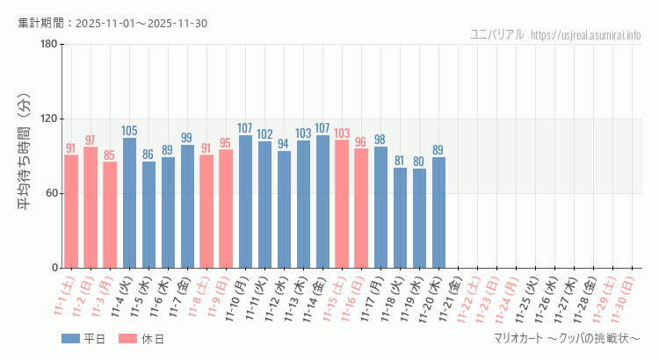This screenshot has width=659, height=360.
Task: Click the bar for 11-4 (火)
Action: click(129, 203)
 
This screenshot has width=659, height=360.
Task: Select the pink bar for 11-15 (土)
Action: click(342, 204)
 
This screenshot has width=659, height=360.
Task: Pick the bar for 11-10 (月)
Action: click(245, 202)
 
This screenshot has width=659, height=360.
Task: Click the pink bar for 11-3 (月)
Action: click(110, 215)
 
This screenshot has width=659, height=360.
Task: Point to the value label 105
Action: click(129, 131)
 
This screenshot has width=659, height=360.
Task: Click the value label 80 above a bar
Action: click(419, 162)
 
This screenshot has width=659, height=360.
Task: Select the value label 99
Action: click(186, 138)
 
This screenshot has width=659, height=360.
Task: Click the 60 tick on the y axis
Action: click(52, 193)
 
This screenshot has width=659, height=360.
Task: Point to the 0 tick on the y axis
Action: click(54, 268)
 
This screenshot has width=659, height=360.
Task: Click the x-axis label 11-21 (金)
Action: click(448, 299)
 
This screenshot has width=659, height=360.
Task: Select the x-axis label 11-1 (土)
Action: click(63, 299)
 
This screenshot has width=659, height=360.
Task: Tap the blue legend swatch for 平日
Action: click(70, 339)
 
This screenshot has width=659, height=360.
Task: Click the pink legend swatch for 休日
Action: click(127, 339)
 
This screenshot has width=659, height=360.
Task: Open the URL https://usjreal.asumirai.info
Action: click(587, 35)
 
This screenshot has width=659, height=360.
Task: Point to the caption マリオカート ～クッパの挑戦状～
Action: click(567, 339)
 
